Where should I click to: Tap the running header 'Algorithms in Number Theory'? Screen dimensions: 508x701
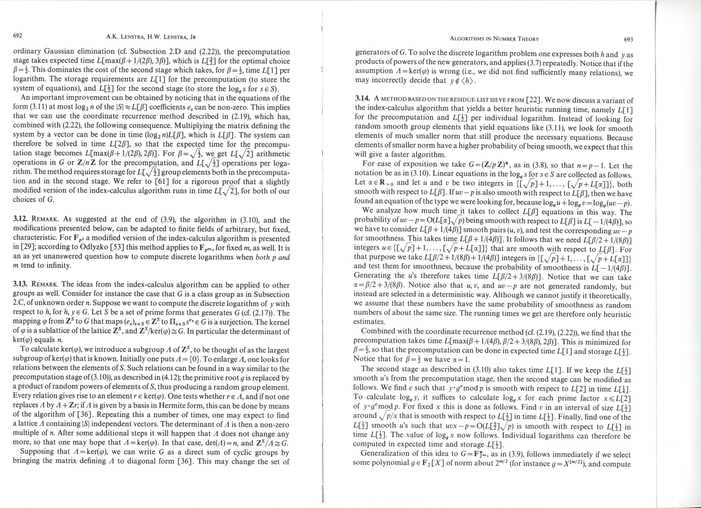click(495, 39)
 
